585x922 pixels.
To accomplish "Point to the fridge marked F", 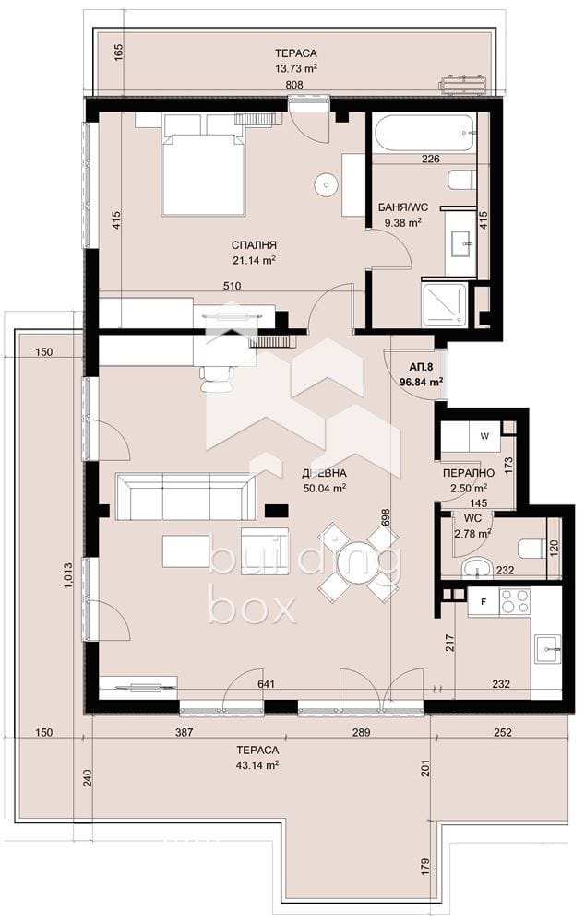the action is tap(484, 602).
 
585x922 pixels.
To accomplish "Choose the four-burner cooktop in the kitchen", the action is tap(514, 601).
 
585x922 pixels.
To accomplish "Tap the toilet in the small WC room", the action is tap(531, 548).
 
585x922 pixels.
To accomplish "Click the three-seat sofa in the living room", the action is tap(186, 496).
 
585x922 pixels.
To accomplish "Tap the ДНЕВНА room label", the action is tap(324, 473).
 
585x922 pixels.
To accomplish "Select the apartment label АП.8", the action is tap(422, 368).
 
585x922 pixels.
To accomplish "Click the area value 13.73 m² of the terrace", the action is tap(296, 68).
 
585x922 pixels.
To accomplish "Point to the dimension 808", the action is tap(294, 85).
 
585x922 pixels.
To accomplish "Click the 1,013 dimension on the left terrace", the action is tap(66, 577).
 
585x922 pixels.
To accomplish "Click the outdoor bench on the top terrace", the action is tap(464, 84).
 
